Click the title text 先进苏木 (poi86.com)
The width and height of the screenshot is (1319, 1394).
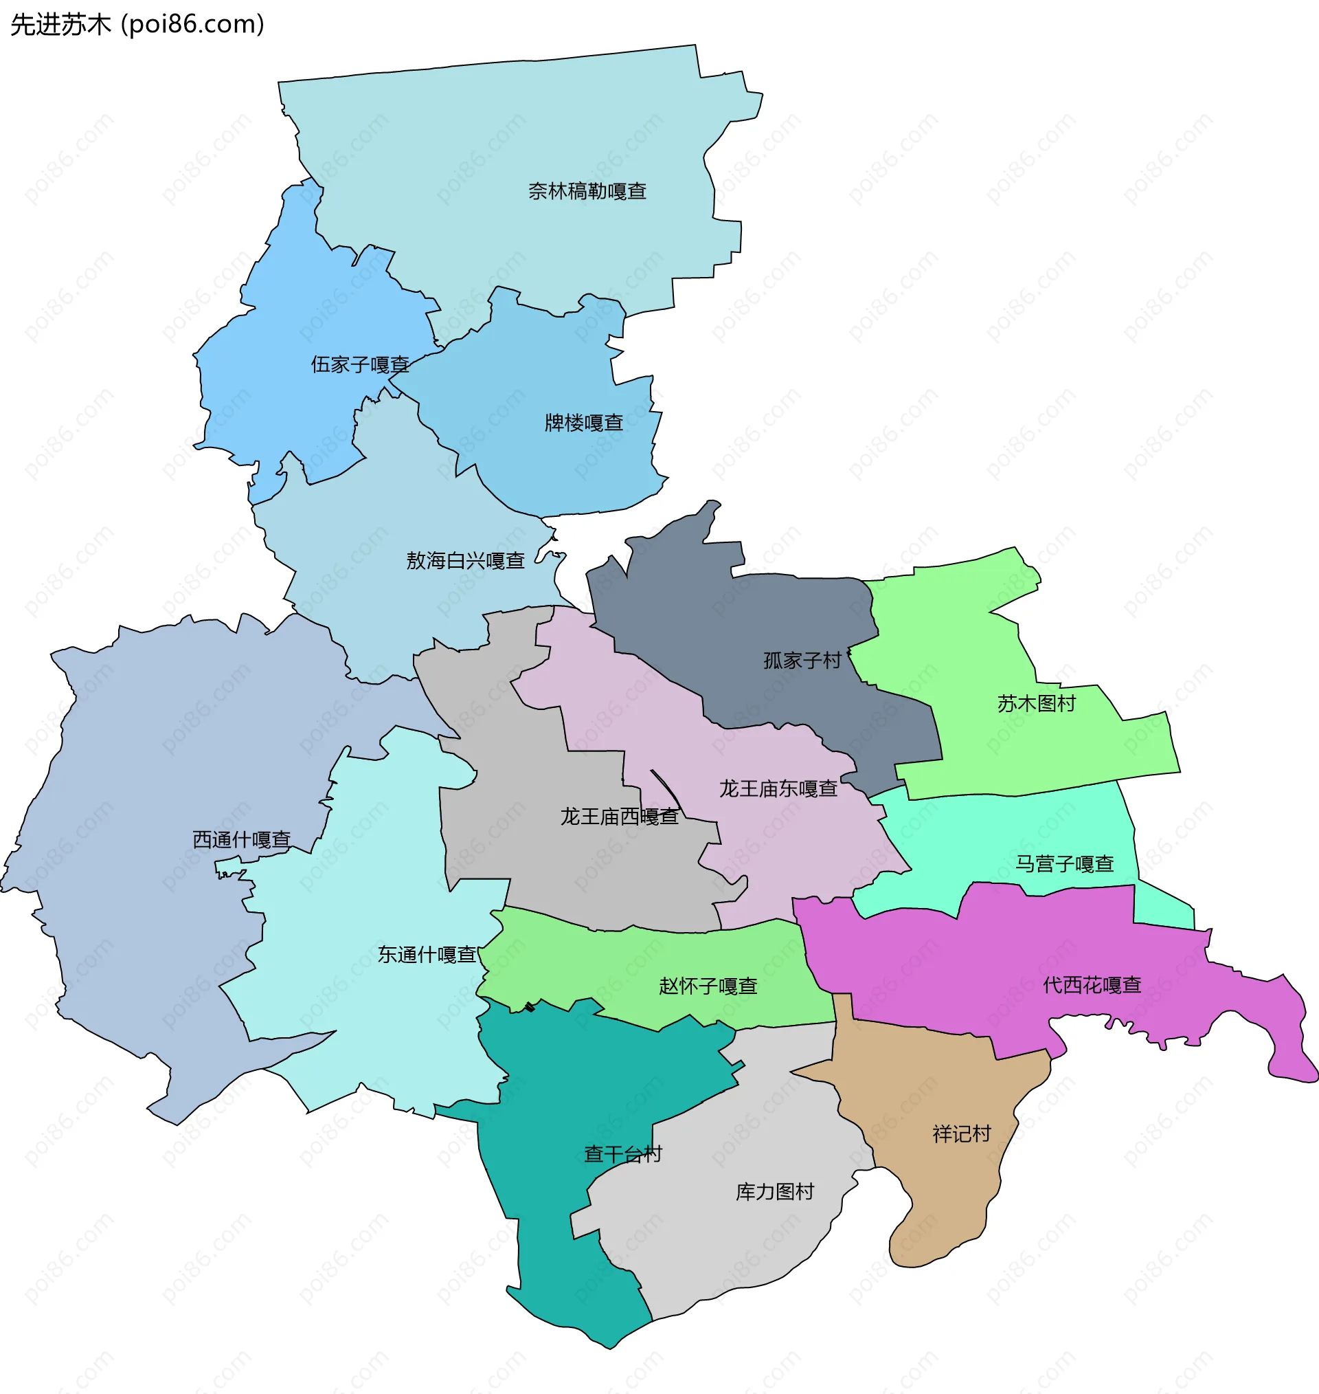tap(138, 25)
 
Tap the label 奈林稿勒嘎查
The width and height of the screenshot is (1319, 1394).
tap(587, 191)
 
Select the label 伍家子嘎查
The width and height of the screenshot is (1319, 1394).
tap(360, 364)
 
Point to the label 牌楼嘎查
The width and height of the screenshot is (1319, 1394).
tap(583, 423)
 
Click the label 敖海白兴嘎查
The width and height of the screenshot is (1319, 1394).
tap(466, 560)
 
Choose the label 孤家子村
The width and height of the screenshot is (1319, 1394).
tap(802, 661)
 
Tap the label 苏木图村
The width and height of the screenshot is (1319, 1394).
tap(1037, 703)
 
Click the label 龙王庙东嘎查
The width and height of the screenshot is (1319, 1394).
tap(778, 788)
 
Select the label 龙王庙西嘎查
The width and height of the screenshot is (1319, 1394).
tap(619, 816)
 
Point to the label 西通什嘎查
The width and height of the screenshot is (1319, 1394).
tap(241, 839)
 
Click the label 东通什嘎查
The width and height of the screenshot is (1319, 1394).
tap(427, 954)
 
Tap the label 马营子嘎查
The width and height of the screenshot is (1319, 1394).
tap(1065, 864)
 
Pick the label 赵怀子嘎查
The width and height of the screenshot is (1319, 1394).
tap(708, 986)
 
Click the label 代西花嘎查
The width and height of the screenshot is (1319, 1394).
tap(1092, 984)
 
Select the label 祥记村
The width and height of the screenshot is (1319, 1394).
tap(961, 1133)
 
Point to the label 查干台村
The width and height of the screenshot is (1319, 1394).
tap(623, 1154)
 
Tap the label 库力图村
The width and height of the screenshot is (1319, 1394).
tap(775, 1191)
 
